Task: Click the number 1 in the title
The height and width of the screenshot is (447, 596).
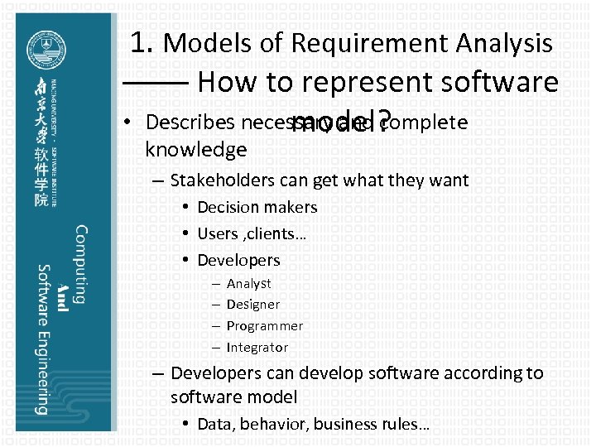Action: tap(140, 42)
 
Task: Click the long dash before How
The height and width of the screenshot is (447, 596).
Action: tap(156, 83)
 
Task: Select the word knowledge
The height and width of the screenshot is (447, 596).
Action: tap(195, 150)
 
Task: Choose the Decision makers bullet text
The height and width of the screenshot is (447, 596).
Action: tap(257, 207)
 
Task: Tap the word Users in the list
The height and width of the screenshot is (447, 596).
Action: tap(218, 233)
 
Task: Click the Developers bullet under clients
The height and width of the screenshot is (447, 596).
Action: tap(238, 260)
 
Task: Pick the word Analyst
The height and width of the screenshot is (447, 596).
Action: tap(248, 283)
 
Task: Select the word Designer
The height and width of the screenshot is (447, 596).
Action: tap(252, 305)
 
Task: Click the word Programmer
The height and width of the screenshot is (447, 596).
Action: tap(264, 326)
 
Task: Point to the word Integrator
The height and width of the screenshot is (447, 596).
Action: tap(257, 348)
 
